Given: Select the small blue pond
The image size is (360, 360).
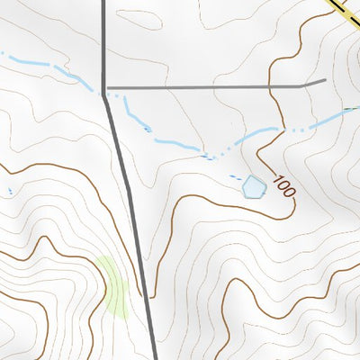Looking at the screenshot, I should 254,187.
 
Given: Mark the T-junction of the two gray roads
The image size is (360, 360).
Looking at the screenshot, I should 106,88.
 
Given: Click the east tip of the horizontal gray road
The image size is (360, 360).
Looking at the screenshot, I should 324,81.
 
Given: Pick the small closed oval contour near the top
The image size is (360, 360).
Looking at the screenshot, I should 139,19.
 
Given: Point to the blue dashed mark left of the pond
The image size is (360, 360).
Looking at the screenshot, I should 236,176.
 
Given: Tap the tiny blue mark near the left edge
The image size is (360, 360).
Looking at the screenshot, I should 10,191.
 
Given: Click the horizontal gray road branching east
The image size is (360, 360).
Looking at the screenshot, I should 207,87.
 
